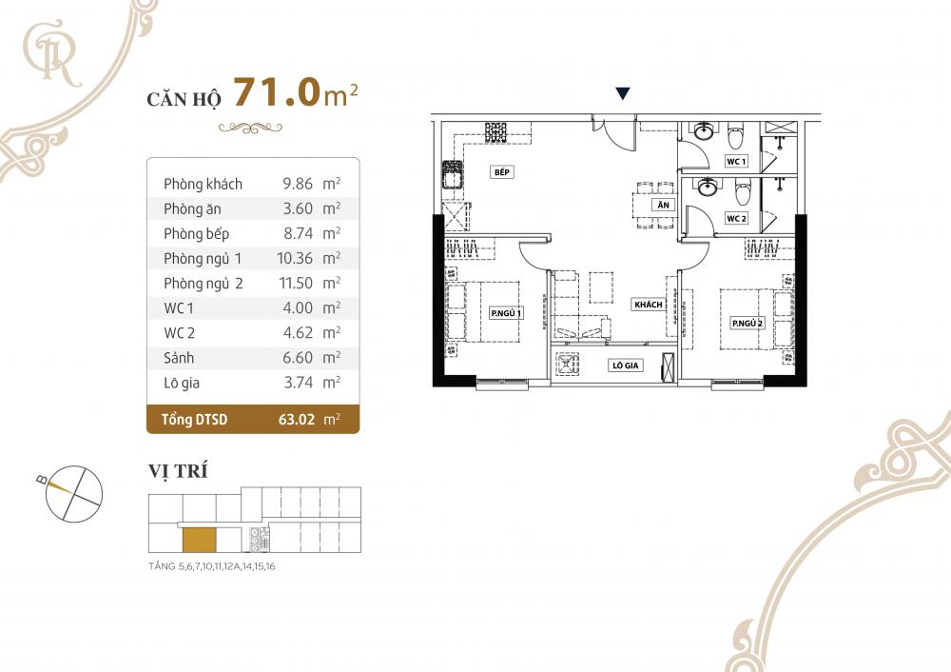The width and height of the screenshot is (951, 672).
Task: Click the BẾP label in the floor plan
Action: pyautogui.click(x=502, y=173)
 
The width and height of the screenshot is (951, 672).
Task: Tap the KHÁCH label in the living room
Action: pyautogui.click(x=648, y=305)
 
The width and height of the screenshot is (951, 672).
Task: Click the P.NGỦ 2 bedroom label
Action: pyautogui.click(x=748, y=324)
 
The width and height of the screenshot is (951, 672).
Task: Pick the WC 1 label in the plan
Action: pyautogui.click(x=736, y=162)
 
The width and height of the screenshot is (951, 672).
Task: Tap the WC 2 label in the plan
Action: pyautogui.click(x=736, y=219)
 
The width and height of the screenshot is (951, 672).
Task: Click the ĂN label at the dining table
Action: pyautogui.click(x=661, y=205)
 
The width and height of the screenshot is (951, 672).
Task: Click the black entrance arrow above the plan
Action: pyautogui.click(x=622, y=93)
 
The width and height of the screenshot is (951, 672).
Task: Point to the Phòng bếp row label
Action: pyautogui.click(x=196, y=233)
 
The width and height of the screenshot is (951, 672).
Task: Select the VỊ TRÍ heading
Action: pyautogui.click(x=179, y=471)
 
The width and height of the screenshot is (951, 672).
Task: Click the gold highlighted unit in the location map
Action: pyautogui.click(x=199, y=539)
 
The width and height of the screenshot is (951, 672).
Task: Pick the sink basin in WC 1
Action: pyautogui.click(x=704, y=131)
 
